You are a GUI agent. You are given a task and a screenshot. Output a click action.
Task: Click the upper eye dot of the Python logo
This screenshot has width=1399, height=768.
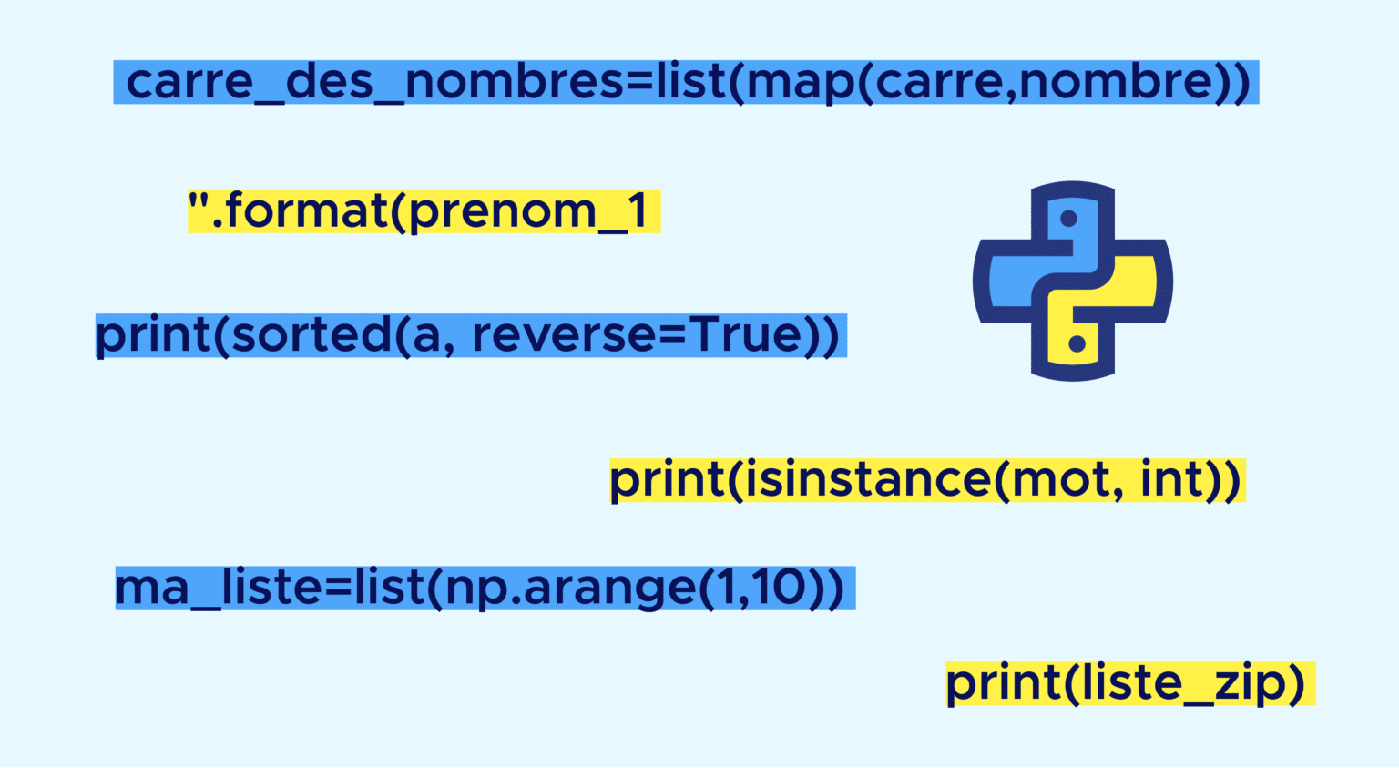(x=1069, y=219)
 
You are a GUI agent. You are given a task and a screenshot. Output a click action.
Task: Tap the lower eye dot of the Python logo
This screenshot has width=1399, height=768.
(x=1077, y=344)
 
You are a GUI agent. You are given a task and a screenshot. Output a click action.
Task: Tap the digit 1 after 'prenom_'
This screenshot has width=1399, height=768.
(x=638, y=210)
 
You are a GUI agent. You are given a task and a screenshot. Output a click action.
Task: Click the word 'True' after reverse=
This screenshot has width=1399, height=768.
(x=746, y=334)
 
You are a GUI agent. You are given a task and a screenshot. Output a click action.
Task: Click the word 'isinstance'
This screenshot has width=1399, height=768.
(x=866, y=480)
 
